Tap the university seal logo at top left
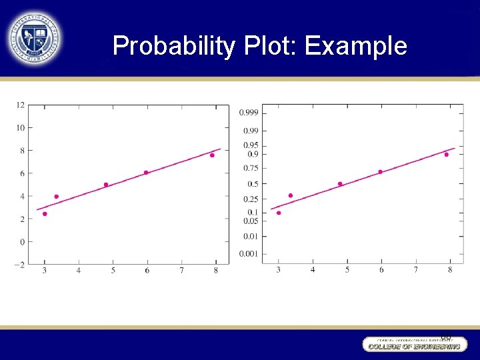[33, 38]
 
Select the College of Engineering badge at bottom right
[414, 344]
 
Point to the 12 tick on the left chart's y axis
[21, 105]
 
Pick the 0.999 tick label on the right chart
[249, 112]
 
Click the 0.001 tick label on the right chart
[249, 253]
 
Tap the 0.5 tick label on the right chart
[253, 184]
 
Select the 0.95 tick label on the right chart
[251, 145]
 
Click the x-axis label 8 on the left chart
[216, 270]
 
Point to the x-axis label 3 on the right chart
[278, 269]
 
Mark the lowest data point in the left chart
[45, 214]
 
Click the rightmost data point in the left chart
[212, 155]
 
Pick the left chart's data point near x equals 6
[146, 173]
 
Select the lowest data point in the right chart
[279, 213]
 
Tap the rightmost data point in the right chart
[446, 155]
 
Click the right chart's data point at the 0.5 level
[340, 184]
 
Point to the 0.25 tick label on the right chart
[251, 199]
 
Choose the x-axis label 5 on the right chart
[347, 269]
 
